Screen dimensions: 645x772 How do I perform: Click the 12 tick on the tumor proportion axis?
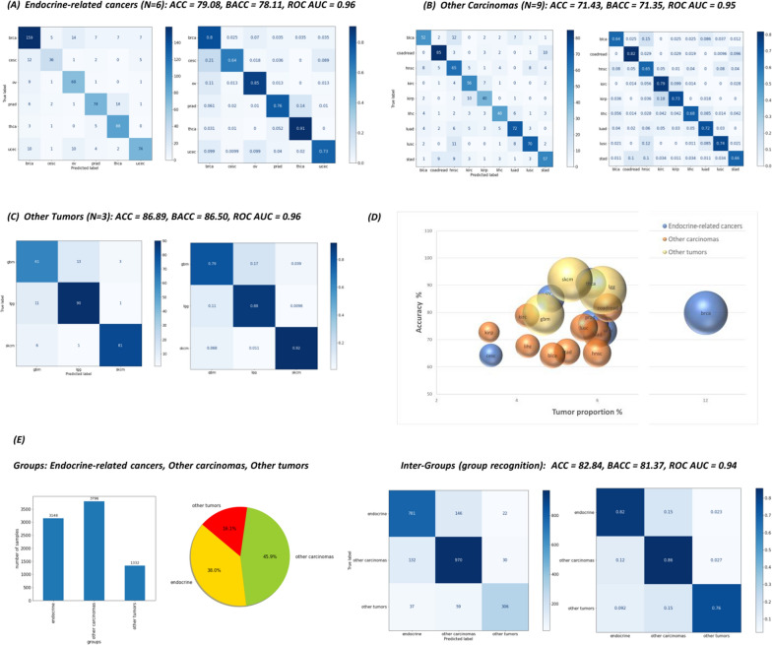(x=706, y=401)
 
